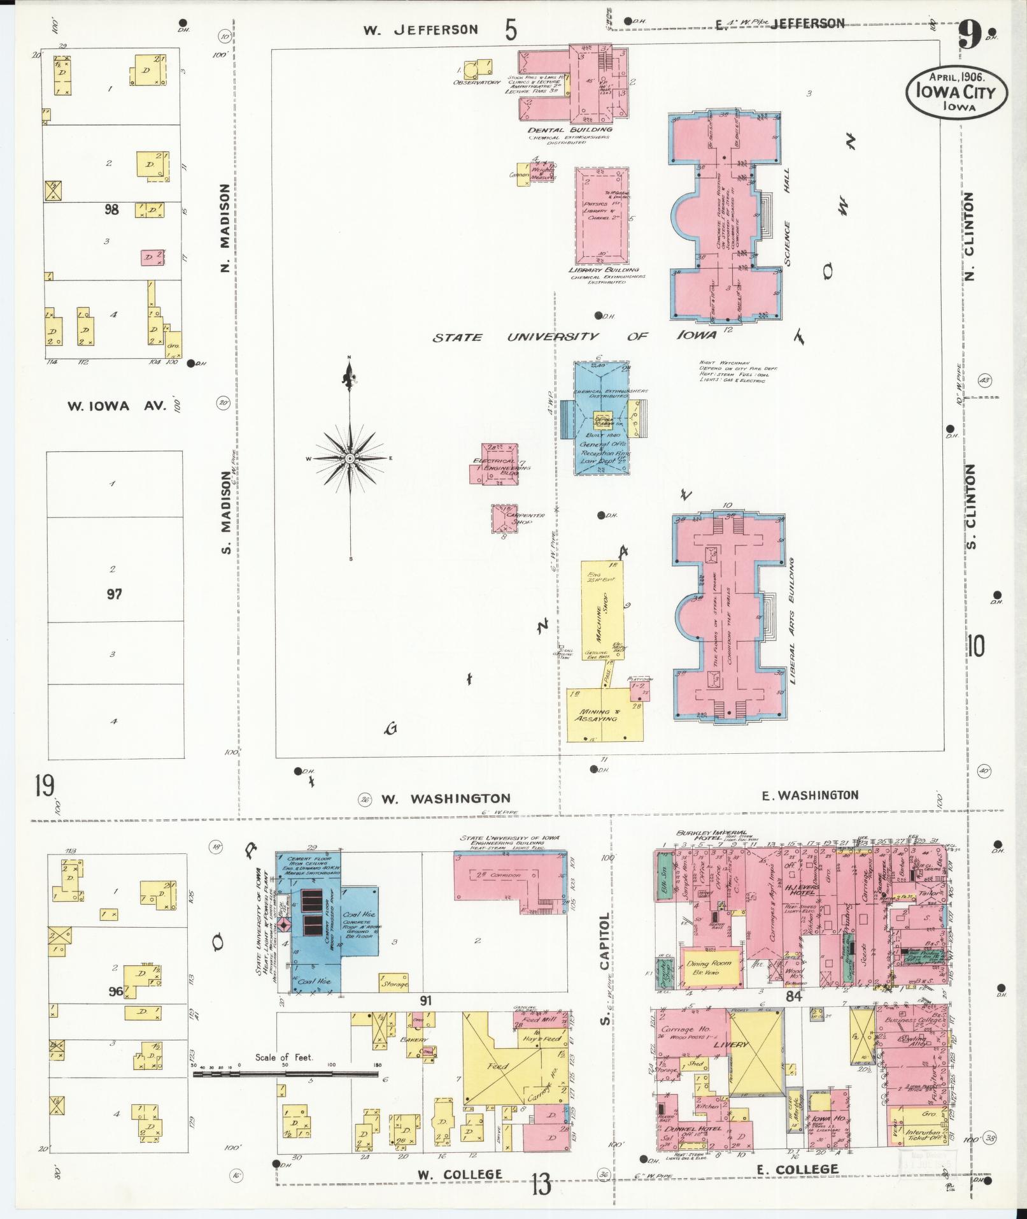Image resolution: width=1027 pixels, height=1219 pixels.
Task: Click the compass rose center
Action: [x=350, y=458]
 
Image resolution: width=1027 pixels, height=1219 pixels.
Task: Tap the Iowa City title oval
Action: [x=957, y=93]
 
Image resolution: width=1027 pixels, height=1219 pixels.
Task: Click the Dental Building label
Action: [x=570, y=129]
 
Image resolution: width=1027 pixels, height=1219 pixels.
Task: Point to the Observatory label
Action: [x=477, y=83]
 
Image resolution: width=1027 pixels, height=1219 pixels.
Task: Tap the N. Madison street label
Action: [x=224, y=228]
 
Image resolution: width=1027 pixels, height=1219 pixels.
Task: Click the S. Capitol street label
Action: [x=604, y=969]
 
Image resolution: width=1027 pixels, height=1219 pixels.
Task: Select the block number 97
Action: [x=114, y=595]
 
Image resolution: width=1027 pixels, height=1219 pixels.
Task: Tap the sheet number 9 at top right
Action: [x=969, y=37]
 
